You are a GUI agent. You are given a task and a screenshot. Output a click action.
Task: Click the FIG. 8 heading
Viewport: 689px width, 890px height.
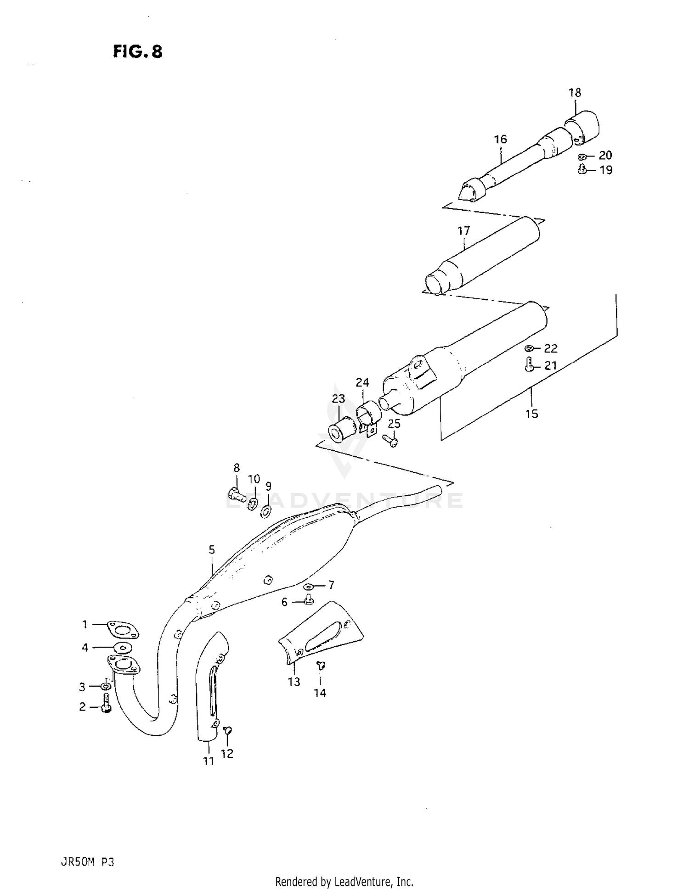[x=137, y=51]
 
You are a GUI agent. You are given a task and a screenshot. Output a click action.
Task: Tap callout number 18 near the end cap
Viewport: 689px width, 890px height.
[x=575, y=93]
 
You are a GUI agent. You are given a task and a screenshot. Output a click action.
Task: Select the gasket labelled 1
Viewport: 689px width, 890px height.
[x=122, y=629]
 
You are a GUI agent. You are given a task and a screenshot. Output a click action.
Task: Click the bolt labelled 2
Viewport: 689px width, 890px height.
[x=106, y=709]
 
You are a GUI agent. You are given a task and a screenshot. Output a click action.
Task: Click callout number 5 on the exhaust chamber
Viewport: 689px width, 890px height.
[x=212, y=549]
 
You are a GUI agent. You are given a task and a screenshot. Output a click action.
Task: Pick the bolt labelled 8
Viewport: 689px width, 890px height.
[x=235, y=494]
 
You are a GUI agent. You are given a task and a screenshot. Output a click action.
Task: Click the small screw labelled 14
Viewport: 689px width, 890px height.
[x=321, y=664]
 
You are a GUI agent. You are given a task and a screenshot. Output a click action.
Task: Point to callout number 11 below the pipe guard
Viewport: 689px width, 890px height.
[x=209, y=761]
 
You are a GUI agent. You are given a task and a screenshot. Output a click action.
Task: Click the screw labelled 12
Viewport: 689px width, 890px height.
[x=227, y=730]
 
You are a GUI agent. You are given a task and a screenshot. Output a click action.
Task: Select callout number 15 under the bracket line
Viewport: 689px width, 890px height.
[x=531, y=414]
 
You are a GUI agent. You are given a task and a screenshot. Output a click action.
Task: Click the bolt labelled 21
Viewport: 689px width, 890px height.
[x=529, y=366]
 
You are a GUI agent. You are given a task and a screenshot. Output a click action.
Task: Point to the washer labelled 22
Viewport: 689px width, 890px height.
[x=530, y=348]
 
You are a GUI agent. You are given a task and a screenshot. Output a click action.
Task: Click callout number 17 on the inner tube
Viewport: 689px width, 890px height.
[x=463, y=230]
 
